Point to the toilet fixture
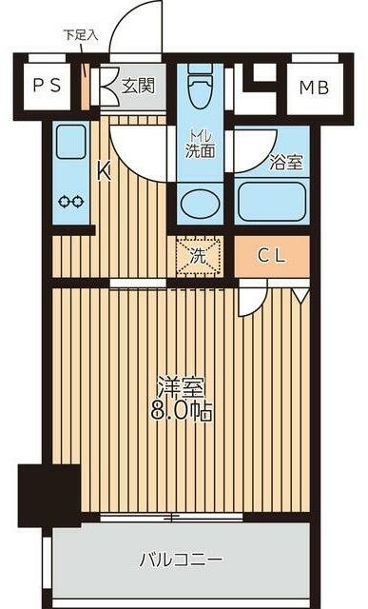(x=200, y=91)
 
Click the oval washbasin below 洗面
(x=200, y=203)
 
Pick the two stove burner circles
(x=70, y=202)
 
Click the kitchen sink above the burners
(x=70, y=145)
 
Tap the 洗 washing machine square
(x=198, y=255)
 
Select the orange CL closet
(x=272, y=255)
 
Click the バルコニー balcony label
(x=182, y=559)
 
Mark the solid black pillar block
(x=49, y=492)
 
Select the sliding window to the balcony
(x=170, y=517)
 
